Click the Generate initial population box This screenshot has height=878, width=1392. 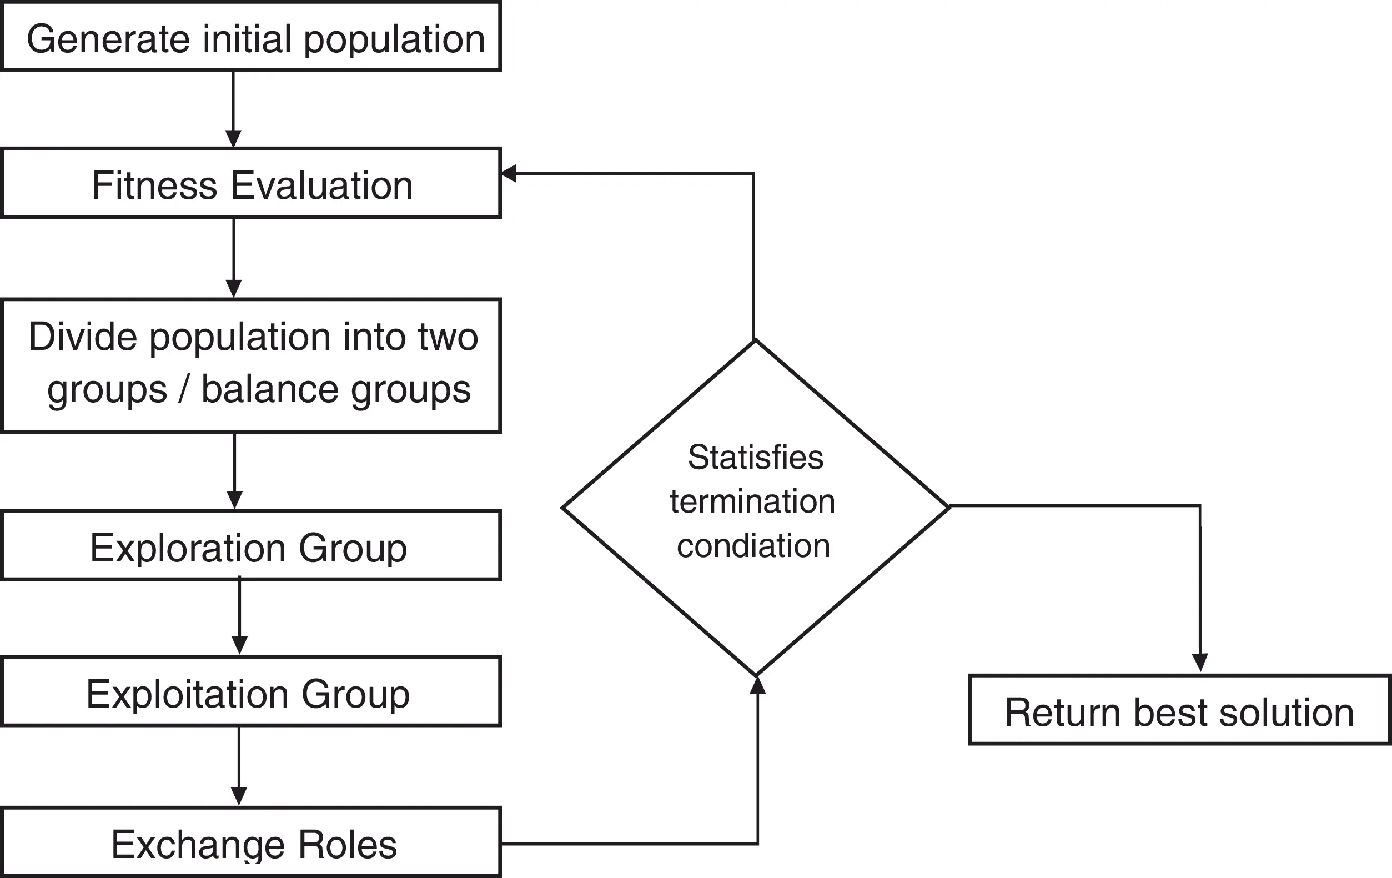coord(251,37)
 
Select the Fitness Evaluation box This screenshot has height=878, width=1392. coord(251,184)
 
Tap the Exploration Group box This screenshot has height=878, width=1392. coord(251,546)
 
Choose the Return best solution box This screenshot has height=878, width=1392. coord(1179,710)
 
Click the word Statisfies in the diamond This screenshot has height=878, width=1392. coord(755,458)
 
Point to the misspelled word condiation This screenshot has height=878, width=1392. coord(753,546)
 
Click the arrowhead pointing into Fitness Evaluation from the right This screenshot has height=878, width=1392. coord(508,173)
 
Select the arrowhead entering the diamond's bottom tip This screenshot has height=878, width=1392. coord(757,685)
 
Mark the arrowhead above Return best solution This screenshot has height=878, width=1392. coord(1200,663)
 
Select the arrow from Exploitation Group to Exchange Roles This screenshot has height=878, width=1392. coord(239,766)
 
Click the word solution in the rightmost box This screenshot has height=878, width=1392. coord(1286,712)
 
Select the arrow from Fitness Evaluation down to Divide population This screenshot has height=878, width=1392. coord(234,258)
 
